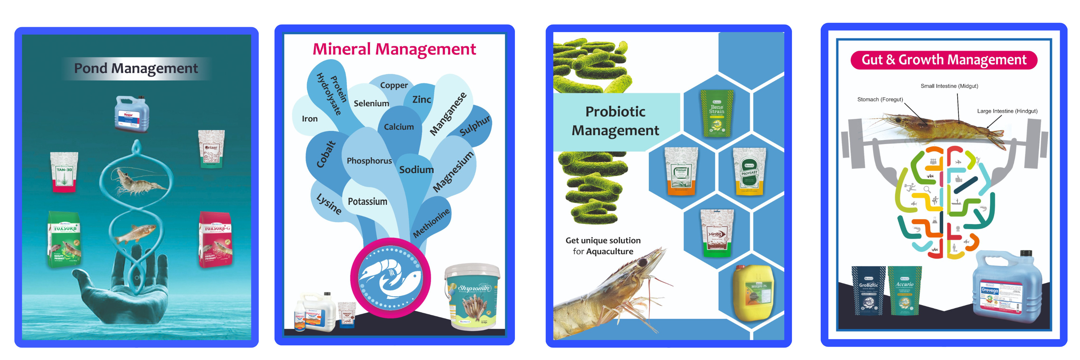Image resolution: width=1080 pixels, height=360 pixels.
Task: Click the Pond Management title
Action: pos(136,68)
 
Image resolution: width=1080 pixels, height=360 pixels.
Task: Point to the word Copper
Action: pos(394,85)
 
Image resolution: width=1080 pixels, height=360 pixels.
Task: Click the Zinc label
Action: pos(421,100)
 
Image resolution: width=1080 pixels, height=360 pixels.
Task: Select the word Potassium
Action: pos(367,202)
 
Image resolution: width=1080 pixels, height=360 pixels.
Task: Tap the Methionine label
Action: pos(431,223)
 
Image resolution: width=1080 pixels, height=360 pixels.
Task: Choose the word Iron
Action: pos(310,119)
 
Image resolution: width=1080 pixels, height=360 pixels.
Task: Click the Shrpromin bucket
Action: pos(473,296)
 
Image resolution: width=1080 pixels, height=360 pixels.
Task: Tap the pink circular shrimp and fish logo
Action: pos(390,278)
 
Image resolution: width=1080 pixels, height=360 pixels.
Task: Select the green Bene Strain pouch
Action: pos(717,113)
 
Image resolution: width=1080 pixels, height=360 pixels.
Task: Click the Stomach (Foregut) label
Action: pos(880,100)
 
